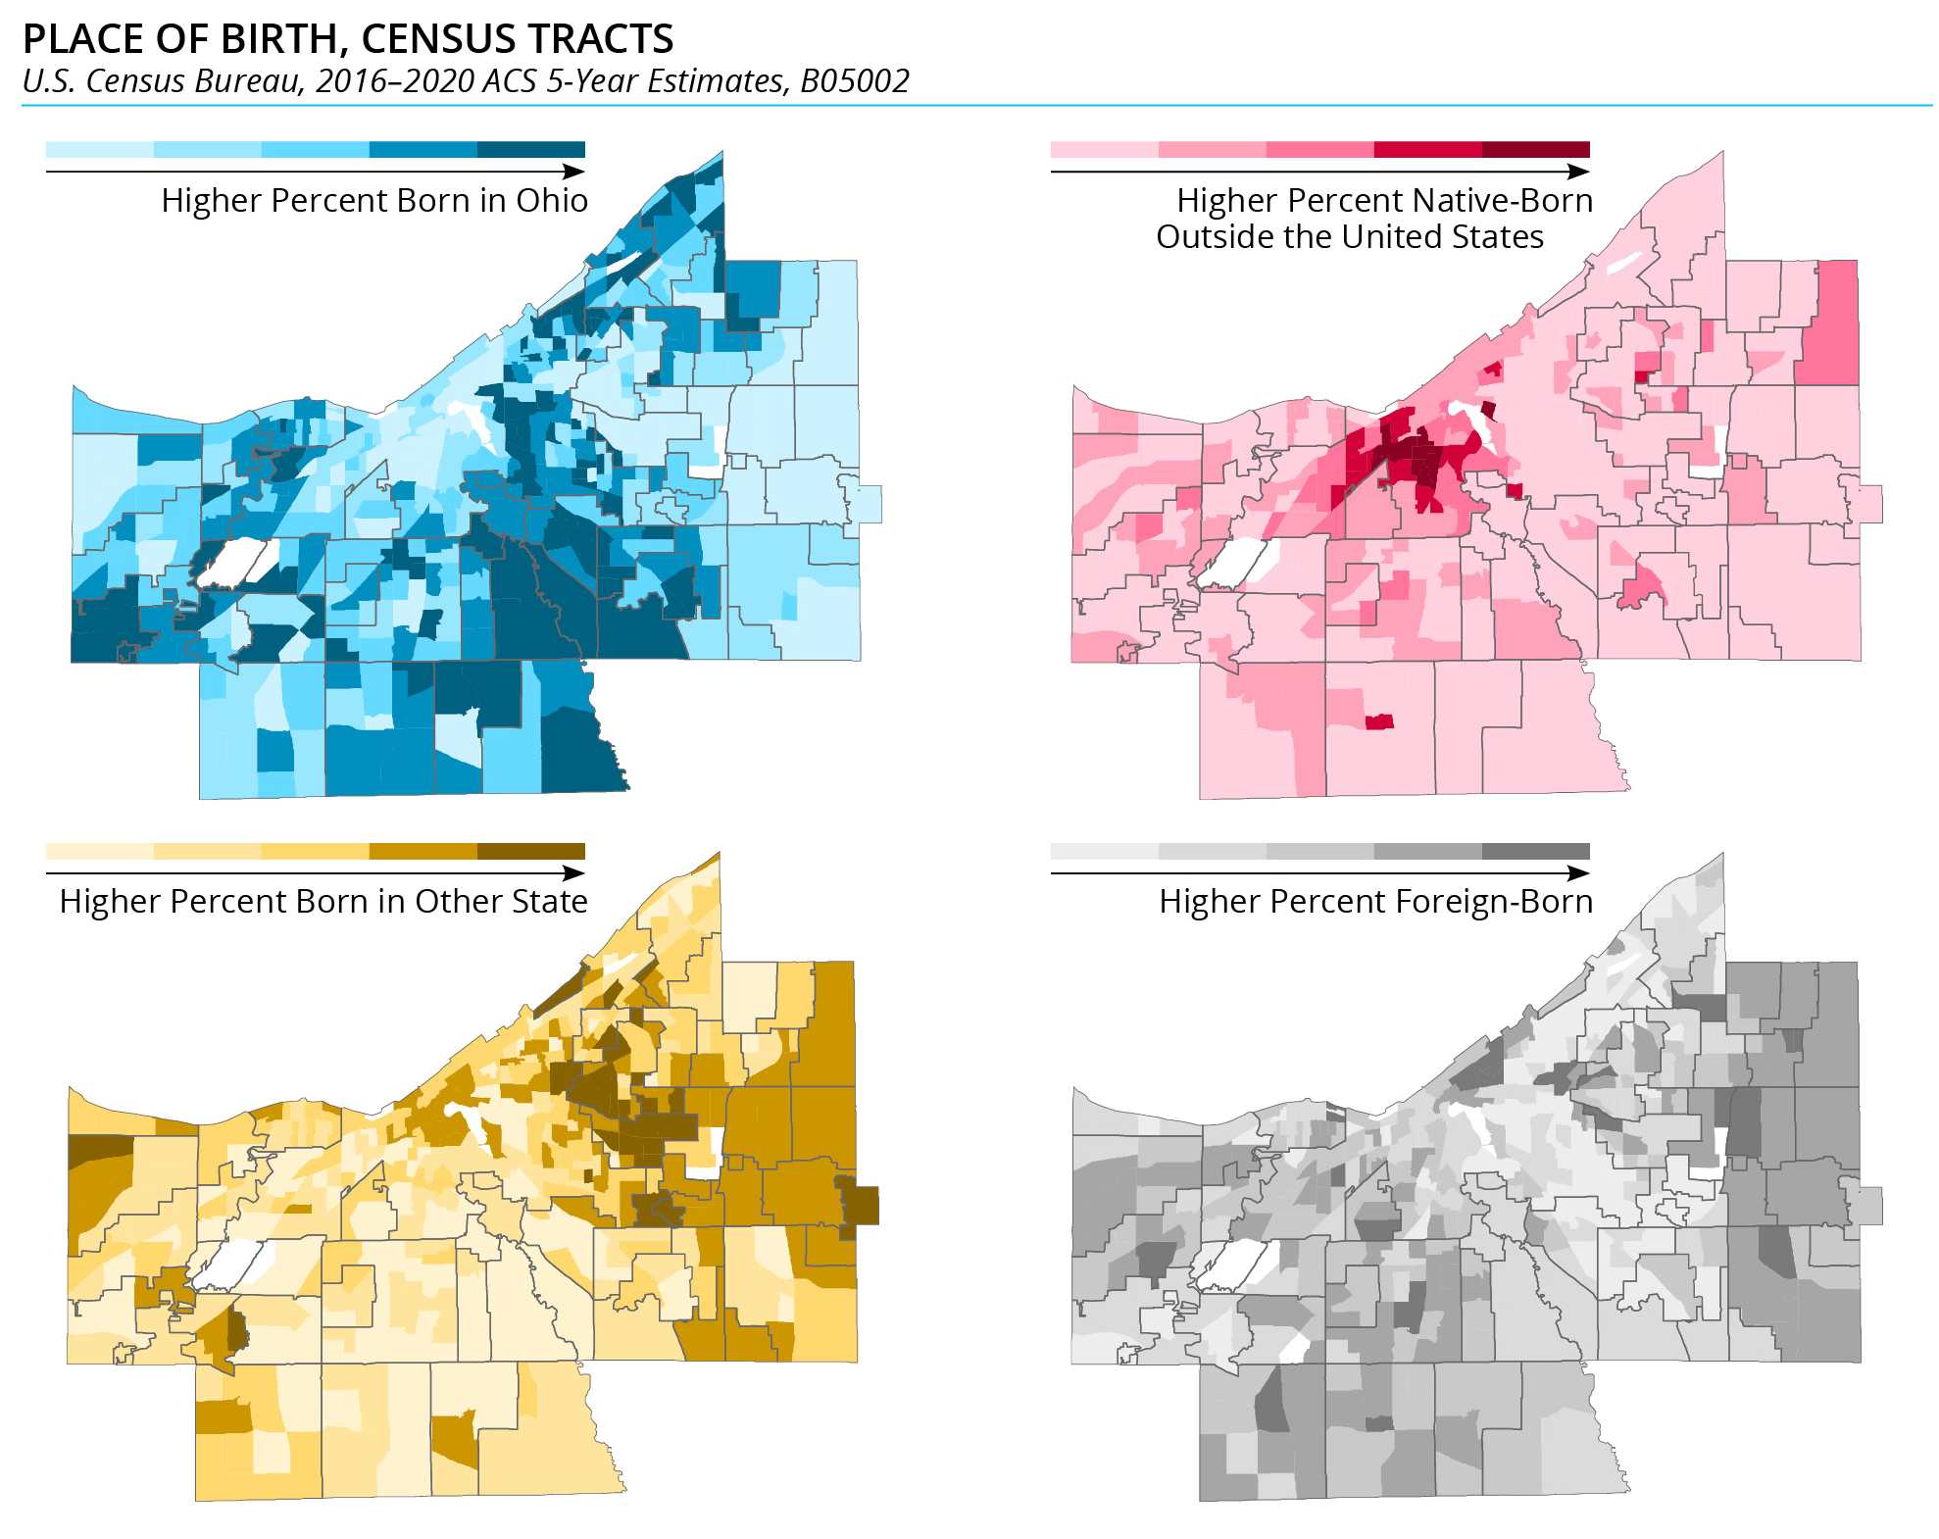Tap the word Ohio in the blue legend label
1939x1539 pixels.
[552, 201]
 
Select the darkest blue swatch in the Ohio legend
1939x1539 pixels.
[530, 150]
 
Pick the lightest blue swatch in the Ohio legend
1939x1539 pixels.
[99, 150]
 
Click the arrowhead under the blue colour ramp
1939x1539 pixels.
[575, 172]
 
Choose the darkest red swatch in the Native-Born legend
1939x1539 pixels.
[1535, 150]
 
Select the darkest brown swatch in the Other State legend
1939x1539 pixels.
[530, 851]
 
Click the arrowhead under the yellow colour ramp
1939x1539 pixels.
[575, 872]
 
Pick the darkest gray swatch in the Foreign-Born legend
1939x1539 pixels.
[1535, 851]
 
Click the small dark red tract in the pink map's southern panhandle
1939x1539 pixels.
[1379, 722]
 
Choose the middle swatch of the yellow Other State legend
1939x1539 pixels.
[315, 851]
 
